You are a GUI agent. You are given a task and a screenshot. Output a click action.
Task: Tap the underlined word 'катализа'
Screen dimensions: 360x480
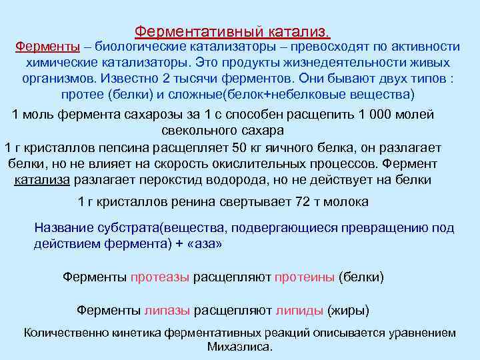point(41,180)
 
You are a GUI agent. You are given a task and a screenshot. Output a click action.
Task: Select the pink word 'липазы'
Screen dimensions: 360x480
point(167,311)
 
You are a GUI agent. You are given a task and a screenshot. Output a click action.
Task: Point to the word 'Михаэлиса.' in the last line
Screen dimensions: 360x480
point(240,347)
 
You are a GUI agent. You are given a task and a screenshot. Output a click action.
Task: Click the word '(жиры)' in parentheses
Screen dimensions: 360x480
point(348,311)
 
